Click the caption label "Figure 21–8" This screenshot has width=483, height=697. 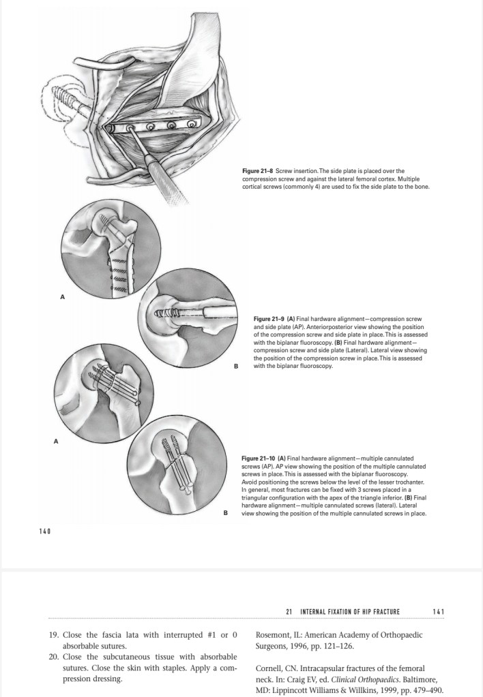[x=257, y=170]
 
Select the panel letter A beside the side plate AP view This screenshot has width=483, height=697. [x=63, y=297]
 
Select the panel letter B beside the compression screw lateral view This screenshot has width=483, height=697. [x=235, y=367]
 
